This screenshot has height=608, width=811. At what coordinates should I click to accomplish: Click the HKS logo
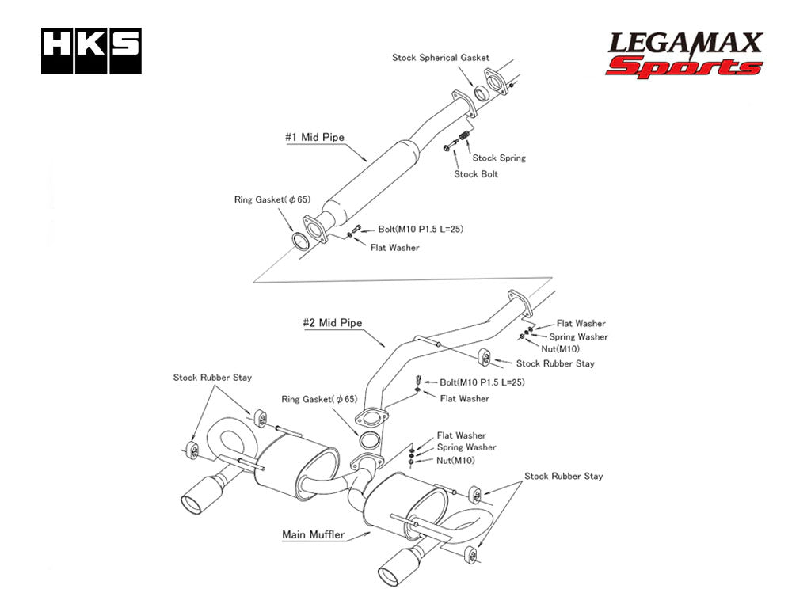tap(91, 51)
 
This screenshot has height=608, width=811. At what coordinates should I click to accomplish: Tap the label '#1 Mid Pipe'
tap(314, 137)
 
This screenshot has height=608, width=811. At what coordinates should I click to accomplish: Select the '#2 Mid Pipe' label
tap(333, 323)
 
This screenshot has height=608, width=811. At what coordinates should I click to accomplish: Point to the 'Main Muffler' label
tap(313, 534)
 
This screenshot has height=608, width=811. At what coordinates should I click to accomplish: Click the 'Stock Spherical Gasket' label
tap(440, 58)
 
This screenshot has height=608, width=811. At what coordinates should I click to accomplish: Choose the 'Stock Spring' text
tap(499, 158)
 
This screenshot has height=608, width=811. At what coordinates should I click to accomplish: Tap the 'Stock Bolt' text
tap(476, 174)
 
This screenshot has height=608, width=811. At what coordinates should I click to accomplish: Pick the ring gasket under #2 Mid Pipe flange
tap(368, 441)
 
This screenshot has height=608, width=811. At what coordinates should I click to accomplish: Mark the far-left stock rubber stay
tap(192, 450)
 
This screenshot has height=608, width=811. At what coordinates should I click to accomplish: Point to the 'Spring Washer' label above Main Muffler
tap(466, 447)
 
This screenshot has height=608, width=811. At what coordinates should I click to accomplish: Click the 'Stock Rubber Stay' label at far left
tap(212, 378)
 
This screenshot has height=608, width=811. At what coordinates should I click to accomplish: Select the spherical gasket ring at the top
tap(481, 93)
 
